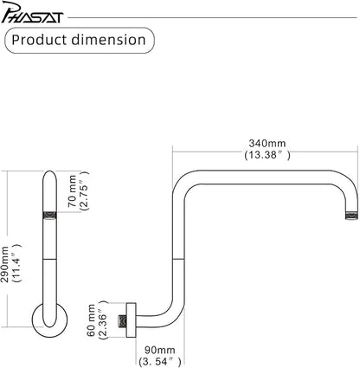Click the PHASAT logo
[32, 12]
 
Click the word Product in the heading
[39, 40]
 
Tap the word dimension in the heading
[108, 40]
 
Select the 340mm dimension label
[267, 143]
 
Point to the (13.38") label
[267, 155]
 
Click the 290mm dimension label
[5, 265]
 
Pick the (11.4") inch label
[16, 263]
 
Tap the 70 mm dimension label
[72, 190]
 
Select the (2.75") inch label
[85, 190]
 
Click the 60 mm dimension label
[91, 320]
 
